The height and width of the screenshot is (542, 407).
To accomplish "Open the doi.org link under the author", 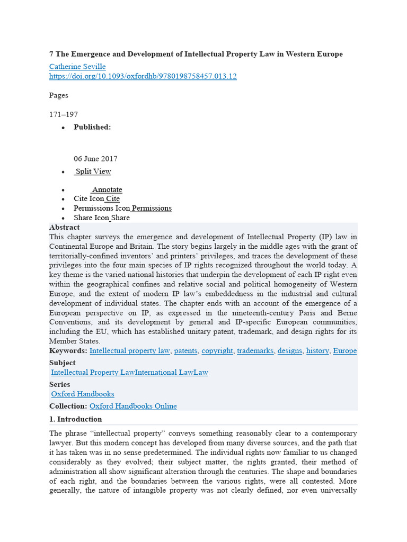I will click(x=143, y=76).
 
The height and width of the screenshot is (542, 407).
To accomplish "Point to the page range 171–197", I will click(x=64, y=114).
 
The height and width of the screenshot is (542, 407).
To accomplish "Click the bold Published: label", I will click(x=92, y=127).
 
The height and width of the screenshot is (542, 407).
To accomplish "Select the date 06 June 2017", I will click(x=95, y=159).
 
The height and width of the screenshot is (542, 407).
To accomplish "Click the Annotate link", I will click(x=107, y=189).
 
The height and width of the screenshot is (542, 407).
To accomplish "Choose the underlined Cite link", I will click(x=112, y=199).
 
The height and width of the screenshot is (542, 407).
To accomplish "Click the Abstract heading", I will click(x=65, y=228).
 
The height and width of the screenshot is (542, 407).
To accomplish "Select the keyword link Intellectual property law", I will click(x=130, y=351).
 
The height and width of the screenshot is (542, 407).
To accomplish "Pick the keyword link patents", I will click(x=185, y=351).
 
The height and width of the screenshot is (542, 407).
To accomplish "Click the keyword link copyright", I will click(x=217, y=351).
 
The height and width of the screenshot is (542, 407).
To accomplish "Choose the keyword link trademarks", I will click(x=254, y=351).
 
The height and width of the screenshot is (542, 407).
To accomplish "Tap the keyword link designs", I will click(x=290, y=351).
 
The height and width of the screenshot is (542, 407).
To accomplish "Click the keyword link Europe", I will click(x=344, y=351).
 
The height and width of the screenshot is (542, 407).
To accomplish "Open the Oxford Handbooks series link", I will click(x=83, y=394).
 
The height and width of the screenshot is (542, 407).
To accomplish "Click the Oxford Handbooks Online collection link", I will click(x=133, y=406).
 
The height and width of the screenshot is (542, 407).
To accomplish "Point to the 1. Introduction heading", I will click(x=76, y=419).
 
